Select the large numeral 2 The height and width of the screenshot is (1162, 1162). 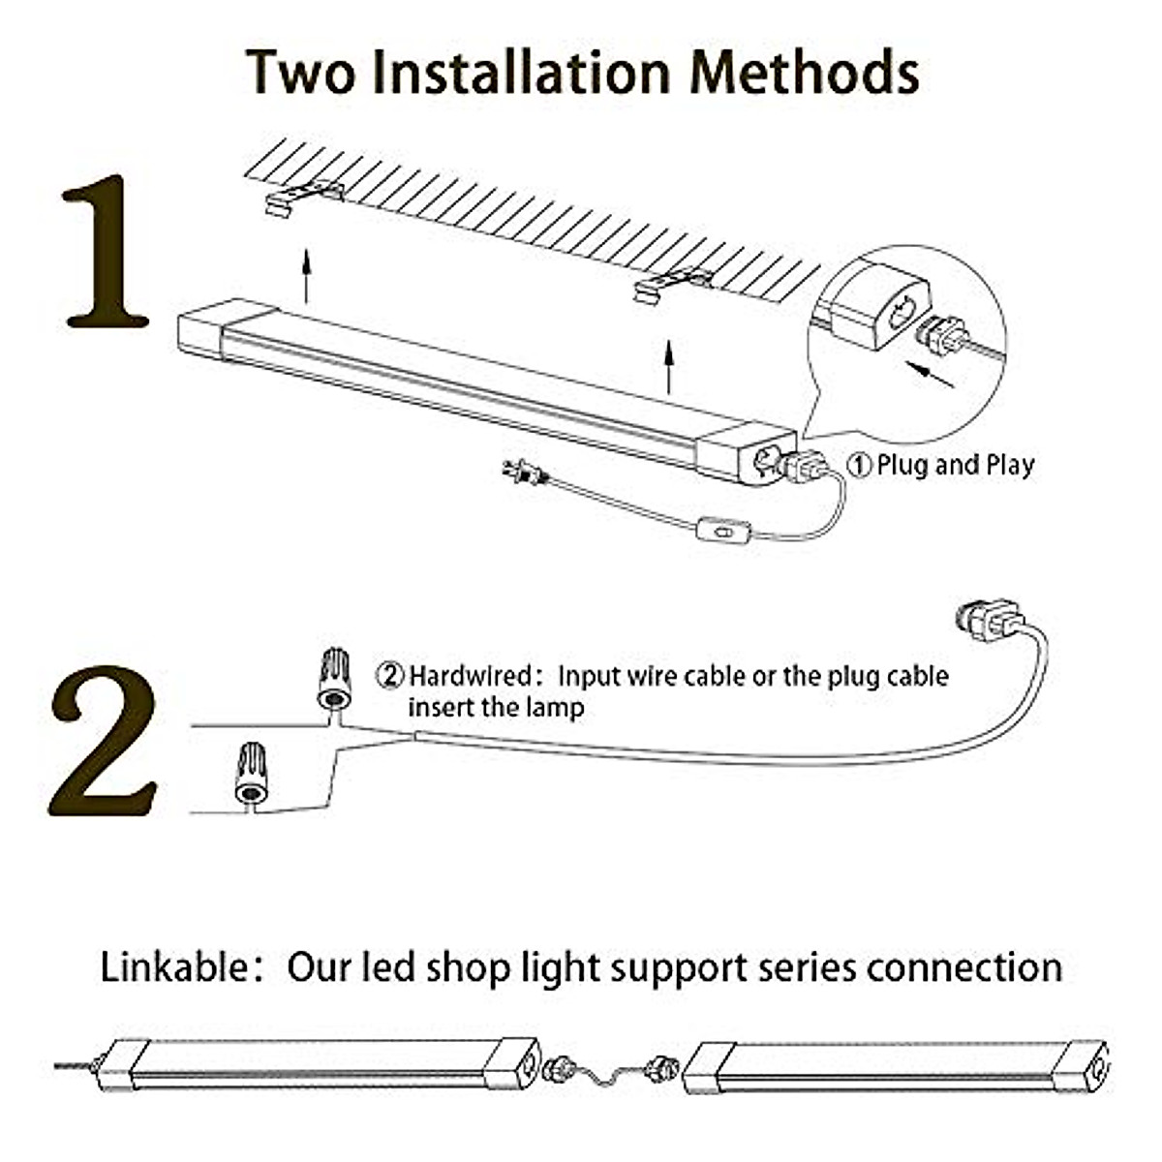(104, 741)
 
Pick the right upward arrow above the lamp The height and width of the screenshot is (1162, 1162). (668, 366)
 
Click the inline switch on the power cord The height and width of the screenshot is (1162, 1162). (722, 530)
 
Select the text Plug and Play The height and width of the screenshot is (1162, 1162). (955, 465)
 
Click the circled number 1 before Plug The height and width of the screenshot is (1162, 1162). (859, 466)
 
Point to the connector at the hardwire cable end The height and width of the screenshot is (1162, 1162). (988, 619)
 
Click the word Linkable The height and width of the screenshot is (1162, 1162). (174, 967)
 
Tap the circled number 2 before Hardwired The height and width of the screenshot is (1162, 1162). (389, 675)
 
